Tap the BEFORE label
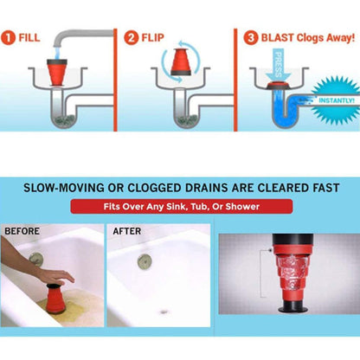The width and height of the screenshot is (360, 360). pos(23,231)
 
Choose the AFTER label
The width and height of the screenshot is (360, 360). pos(126,231)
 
